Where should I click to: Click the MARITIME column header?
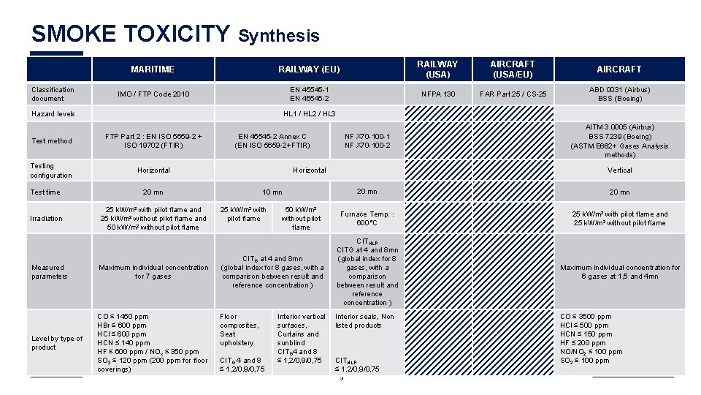pyautogui.click(x=153, y=69)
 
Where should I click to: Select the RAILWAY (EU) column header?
pyautogui.click(x=309, y=69)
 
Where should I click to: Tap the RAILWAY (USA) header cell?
pyautogui.click(x=437, y=69)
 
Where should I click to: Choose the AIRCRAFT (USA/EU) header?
pyautogui.click(x=512, y=69)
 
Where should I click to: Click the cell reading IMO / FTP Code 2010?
pyautogui.click(x=153, y=94)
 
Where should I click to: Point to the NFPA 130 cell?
pyautogui.click(x=437, y=94)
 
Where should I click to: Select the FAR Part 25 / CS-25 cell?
pyautogui.click(x=512, y=94)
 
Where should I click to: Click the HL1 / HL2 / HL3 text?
pyautogui.click(x=309, y=114)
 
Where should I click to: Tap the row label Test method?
pyautogui.click(x=51, y=141)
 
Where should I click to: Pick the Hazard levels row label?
pyautogui.click(x=53, y=114)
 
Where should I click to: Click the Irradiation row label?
pyautogui.click(x=47, y=218)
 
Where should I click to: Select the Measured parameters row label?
pyautogui.click(x=49, y=272)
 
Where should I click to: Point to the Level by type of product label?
pyautogui.click(x=57, y=343)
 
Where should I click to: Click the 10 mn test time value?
pyautogui.click(x=272, y=192)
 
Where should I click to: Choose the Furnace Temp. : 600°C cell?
pyautogui.click(x=367, y=218)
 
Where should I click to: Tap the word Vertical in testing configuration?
pyautogui.click(x=619, y=170)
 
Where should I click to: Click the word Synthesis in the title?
pyautogui.click(x=279, y=36)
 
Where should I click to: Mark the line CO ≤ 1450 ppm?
pyautogui.click(x=123, y=317)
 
